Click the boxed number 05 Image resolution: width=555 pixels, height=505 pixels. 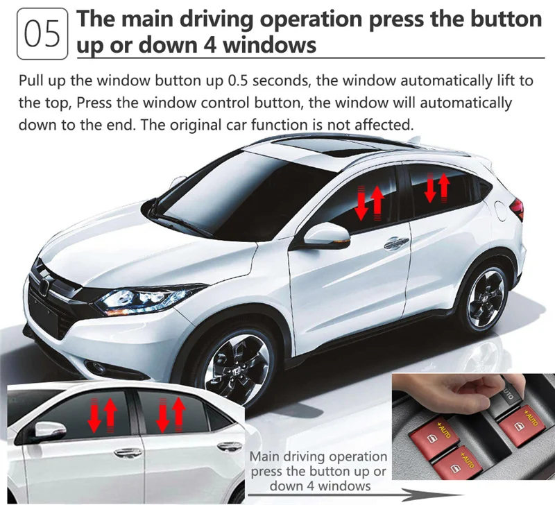point(42,34)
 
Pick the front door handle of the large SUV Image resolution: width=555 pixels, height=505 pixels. point(396,242)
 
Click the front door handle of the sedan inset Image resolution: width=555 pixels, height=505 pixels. point(128,452)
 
